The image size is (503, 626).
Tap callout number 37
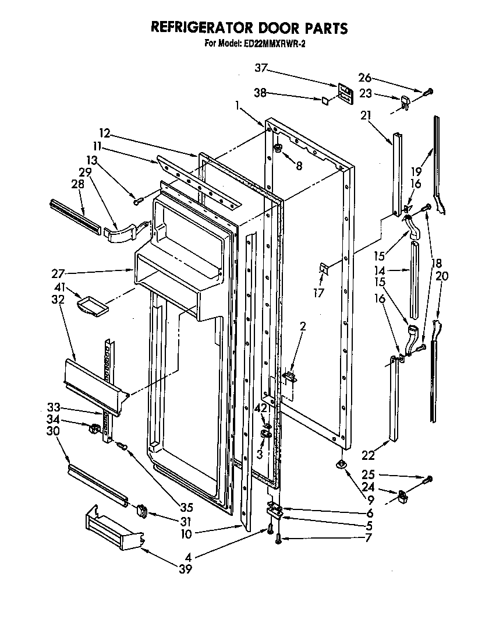click(261, 69)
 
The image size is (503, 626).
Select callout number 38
click(261, 92)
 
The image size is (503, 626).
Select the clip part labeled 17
click(324, 269)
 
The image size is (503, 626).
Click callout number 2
click(303, 327)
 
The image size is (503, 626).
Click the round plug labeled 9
click(341, 463)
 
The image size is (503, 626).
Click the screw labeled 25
click(428, 479)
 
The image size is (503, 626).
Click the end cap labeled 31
click(141, 511)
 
